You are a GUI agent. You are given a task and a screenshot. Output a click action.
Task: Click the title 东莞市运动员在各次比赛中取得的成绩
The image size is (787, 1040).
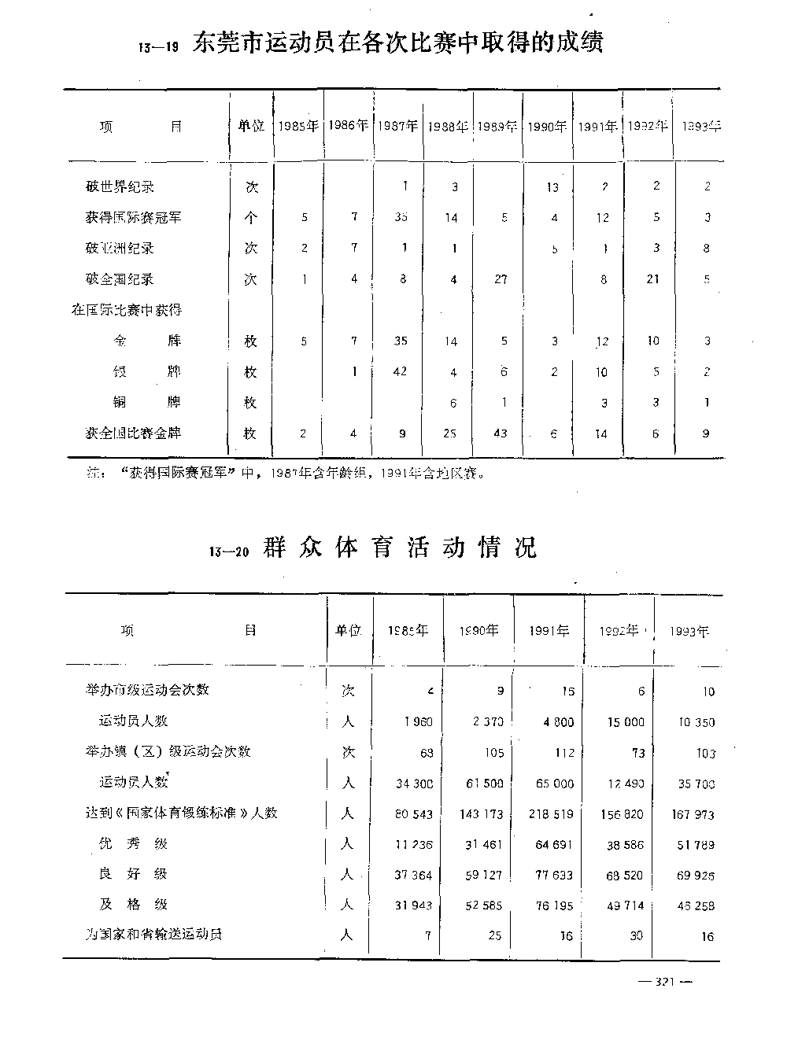click(397, 42)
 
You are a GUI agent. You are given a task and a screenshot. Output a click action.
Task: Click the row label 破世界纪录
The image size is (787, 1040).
click(120, 186)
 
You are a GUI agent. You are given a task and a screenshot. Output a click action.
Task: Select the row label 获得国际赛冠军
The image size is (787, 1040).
click(133, 217)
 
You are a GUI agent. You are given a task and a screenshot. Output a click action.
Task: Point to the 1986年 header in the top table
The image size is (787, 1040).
click(348, 125)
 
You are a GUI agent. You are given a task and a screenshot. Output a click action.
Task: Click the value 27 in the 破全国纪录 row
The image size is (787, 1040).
click(501, 279)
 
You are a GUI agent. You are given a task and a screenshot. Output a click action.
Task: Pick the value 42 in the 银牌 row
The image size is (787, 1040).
click(400, 371)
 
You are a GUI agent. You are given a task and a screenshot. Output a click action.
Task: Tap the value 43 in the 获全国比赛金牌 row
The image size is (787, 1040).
click(501, 433)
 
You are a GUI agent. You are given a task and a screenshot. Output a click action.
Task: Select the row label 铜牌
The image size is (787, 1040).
click(147, 402)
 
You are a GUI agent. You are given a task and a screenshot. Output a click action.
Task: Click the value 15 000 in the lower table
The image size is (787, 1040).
click(626, 722)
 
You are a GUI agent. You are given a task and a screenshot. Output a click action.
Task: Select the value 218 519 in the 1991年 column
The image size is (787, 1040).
click(552, 814)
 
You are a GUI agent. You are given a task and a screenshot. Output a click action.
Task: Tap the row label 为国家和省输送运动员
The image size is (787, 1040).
click(153, 934)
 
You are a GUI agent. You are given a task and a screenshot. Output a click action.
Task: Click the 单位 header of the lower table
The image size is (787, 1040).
click(348, 630)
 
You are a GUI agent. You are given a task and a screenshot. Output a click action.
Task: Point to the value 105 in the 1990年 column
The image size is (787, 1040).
click(494, 752)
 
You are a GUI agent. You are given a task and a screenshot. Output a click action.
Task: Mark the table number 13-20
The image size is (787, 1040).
click(230, 551)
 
